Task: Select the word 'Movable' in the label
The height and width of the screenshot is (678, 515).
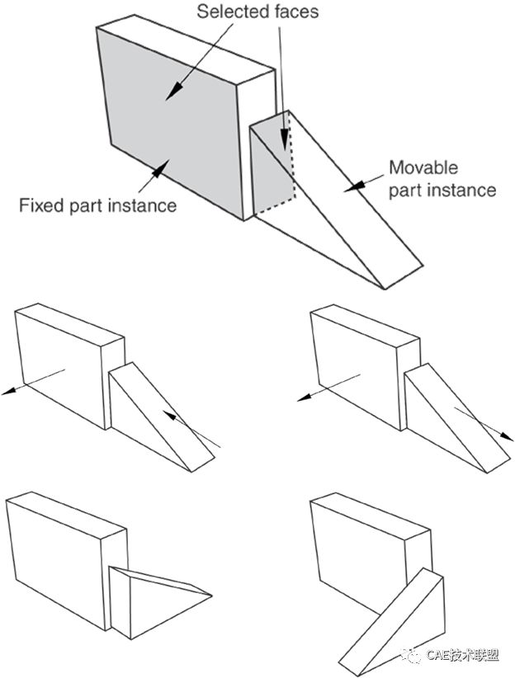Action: pos(423,168)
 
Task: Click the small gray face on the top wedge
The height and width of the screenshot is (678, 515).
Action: pos(268,165)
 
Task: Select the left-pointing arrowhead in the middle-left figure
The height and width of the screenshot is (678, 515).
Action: pos(8,393)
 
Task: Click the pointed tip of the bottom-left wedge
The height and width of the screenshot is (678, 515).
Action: pos(213,595)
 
